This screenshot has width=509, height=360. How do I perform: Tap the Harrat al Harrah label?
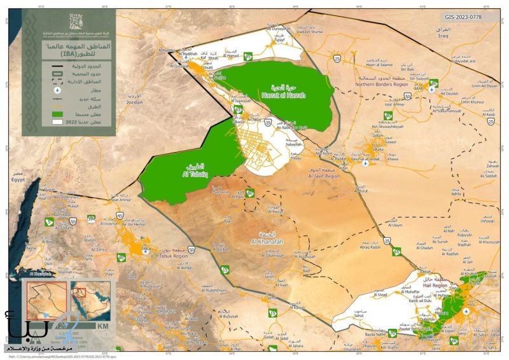click(x=280, y=95)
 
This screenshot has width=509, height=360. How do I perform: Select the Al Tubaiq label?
click(x=186, y=172)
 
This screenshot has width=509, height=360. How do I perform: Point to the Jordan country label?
click(x=134, y=101)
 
